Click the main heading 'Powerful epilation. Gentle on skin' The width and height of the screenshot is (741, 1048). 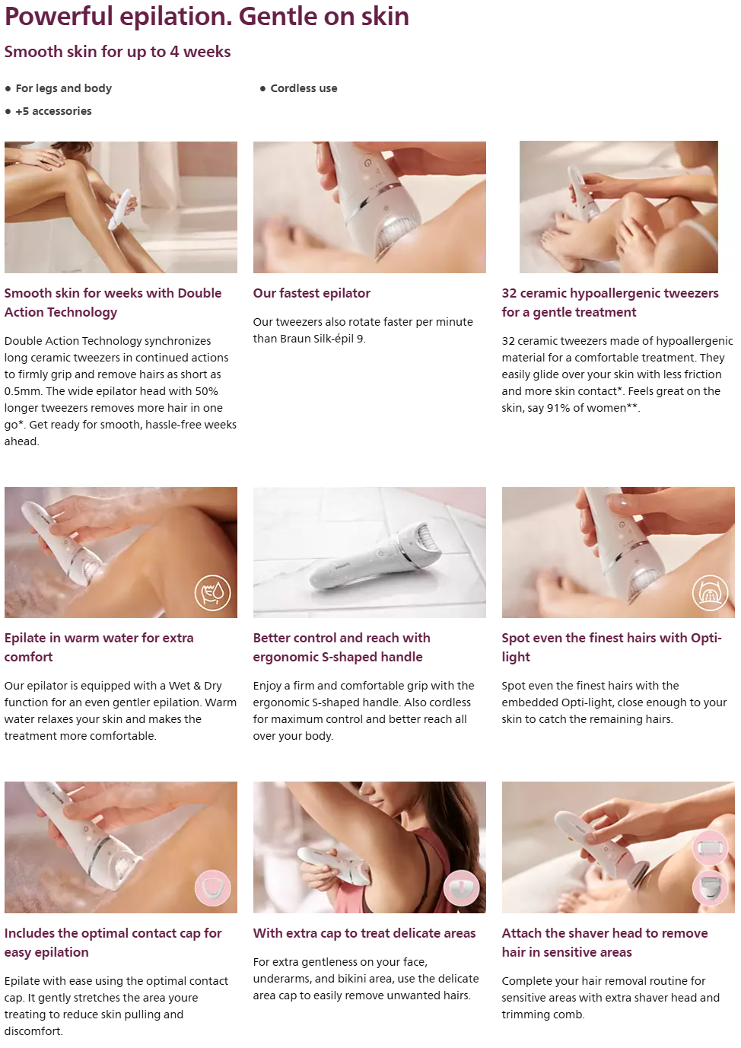pos(207,18)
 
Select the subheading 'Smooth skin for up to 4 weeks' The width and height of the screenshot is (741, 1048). pos(117,52)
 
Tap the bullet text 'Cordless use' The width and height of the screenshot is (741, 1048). pos(304,88)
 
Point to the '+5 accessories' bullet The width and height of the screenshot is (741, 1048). pos(53,111)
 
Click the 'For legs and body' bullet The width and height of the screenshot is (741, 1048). pos(64,88)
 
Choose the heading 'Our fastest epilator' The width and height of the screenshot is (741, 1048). pos(312,293)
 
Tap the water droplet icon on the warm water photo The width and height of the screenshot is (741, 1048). pos(213,593)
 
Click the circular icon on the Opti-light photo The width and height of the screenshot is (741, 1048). pos(710,593)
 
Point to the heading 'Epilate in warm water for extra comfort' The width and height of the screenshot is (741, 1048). pos(99,648)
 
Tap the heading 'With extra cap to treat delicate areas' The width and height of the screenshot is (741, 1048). pos(364,933)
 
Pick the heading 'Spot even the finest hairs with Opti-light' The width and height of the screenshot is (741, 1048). pos(612,648)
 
